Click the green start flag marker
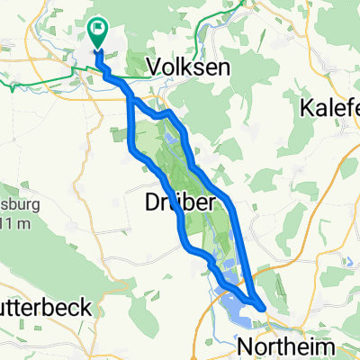click(x=96, y=31)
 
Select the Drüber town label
click(x=179, y=203)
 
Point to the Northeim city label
click(x=278, y=346)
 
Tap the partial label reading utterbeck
click(x=45, y=307)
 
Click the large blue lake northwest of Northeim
click(x=236, y=311)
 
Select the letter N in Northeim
click(x=243, y=346)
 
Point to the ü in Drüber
click(x=173, y=203)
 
